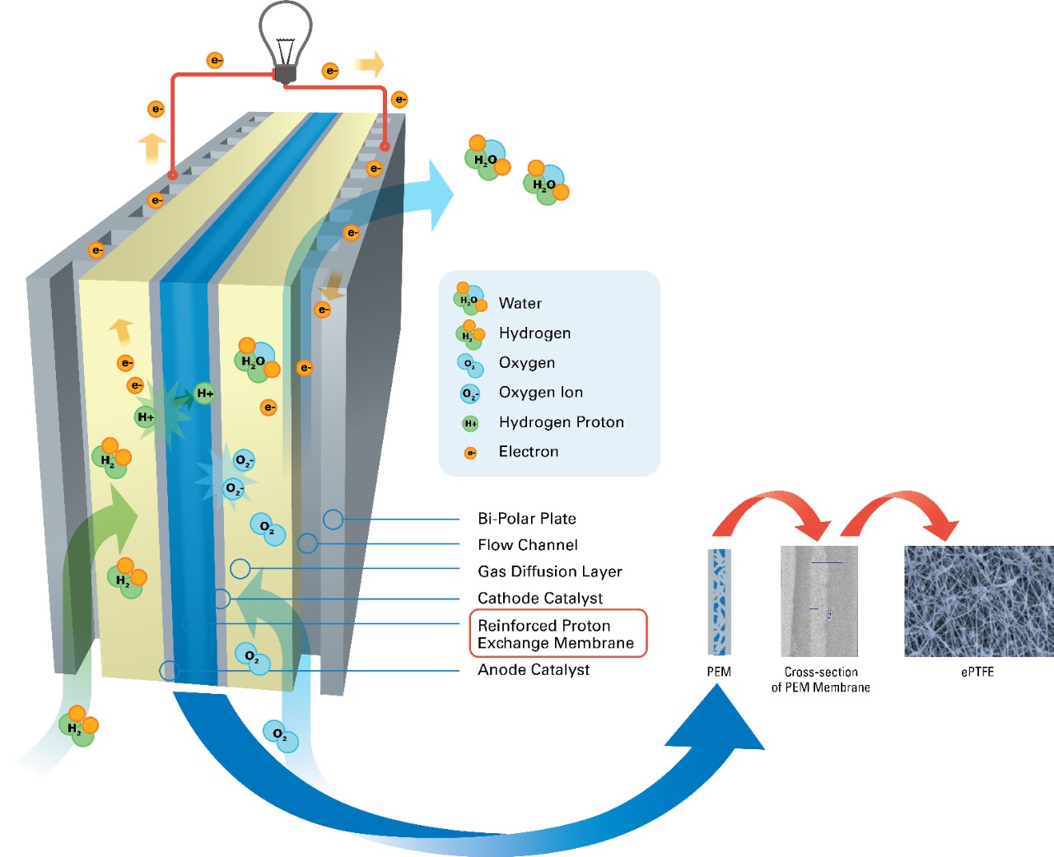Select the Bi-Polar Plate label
pyautogui.click(x=527, y=519)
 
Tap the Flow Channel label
pyautogui.click(x=528, y=545)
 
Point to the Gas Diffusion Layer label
pyautogui.click(x=550, y=571)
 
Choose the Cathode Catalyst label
pyautogui.click(x=540, y=599)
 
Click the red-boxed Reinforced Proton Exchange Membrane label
pyautogui.click(x=557, y=634)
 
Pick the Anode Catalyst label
pyautogui.click(x=534, y=670)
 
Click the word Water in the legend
pyautogui.click(x=520, y=304)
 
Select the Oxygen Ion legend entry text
pyautogui.click(x=541, y=393)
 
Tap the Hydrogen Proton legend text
pyautogui.click(x=562, y=422)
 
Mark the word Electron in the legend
pyautogui.click(x=529, y=452)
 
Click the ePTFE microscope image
pyautogui.click(x=978, y=601)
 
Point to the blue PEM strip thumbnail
pyautogui.click(x=719, y=602)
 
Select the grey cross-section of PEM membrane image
pyautogui.click(x=819, y=601)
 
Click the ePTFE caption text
pyautogui.click(x=977, y=672)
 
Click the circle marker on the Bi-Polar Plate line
pyautogui.click(x=333, y=519)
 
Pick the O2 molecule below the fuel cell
pyautogui.click(x=280, y=734)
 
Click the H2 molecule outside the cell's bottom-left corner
pyautogui.click(x=79, y=726)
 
